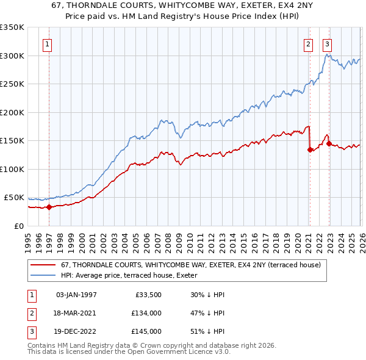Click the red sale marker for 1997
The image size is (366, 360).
click(49, 207)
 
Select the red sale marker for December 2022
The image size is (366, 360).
click(329, 143)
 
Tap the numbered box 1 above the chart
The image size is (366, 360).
click(47, 43)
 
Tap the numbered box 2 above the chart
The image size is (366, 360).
click(309, 43)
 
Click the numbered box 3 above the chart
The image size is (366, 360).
click(328, 43)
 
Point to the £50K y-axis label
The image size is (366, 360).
click(13, 198)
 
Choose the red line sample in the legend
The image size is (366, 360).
click(44, 265)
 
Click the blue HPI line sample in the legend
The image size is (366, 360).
click(44, 275)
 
